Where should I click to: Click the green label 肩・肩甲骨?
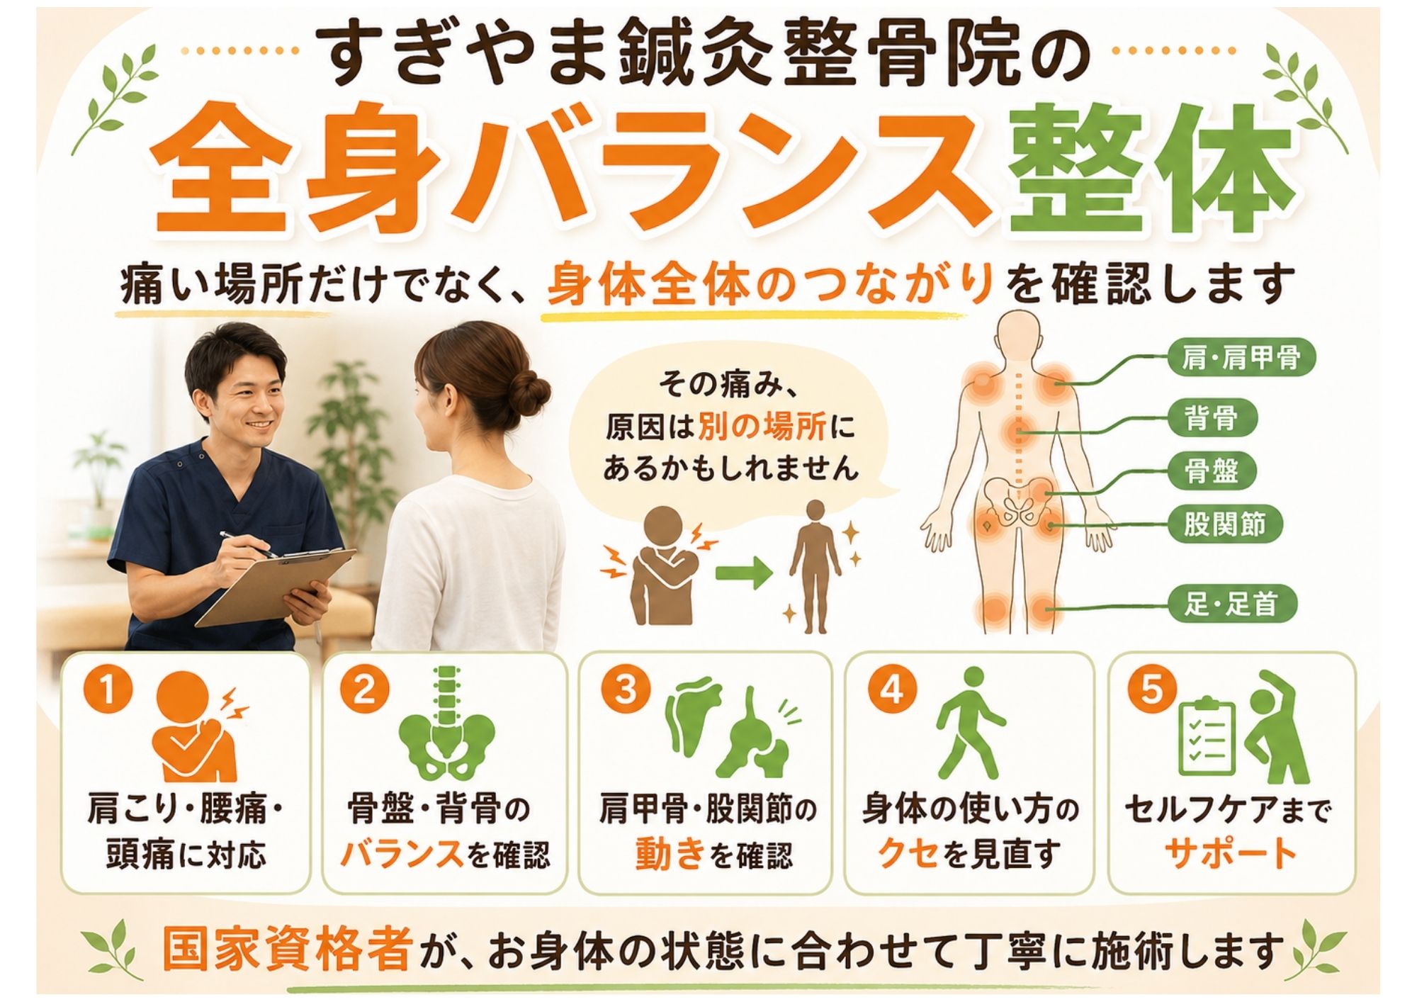[1241, 359]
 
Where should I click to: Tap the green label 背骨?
[1212, 417]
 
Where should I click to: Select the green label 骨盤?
[1212, 471]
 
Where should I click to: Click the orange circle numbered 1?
[107, 691]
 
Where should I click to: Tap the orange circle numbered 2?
[364, 691]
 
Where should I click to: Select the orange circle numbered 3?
[625, 691]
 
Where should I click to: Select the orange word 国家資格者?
[287, 950]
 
